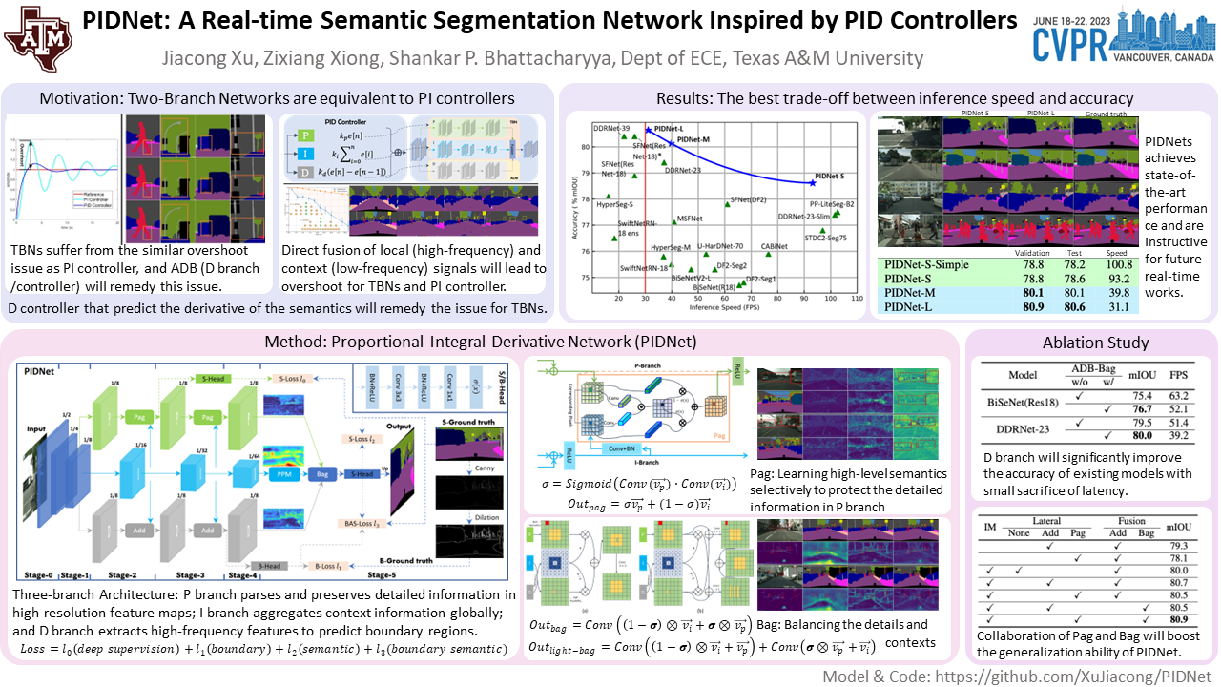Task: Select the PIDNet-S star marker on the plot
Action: [812, 182]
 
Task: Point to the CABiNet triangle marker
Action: [768, 253]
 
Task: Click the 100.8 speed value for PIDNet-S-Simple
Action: [1119, 263]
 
